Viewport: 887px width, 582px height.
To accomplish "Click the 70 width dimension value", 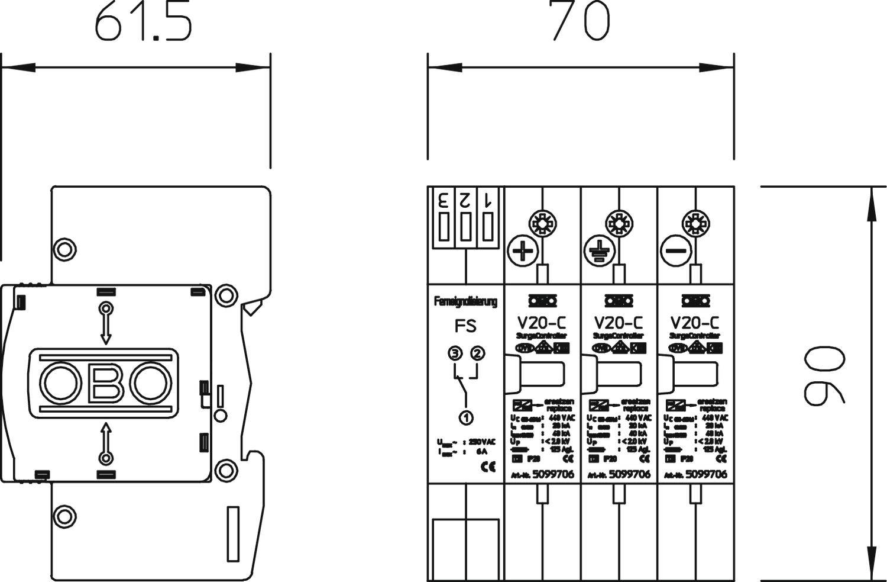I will (580, 21).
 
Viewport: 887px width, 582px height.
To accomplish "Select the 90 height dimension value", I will (824, 377).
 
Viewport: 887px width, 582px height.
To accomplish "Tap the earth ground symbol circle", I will (598, 251).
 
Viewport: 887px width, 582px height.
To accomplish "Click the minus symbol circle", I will (675, 251).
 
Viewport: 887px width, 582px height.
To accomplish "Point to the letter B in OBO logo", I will (106, 384).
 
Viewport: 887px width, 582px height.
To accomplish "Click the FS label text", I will (465, 326).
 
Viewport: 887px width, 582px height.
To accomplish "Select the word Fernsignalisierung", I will (465, 302).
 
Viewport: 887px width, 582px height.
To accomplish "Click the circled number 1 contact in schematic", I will (466, 417).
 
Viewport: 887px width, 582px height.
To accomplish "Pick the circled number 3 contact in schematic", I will (454, 354).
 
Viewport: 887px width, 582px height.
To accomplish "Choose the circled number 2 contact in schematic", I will (477, 354).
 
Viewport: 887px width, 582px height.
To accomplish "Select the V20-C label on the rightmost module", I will (695, 323).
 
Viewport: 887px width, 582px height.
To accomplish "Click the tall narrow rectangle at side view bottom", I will (233, 533).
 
